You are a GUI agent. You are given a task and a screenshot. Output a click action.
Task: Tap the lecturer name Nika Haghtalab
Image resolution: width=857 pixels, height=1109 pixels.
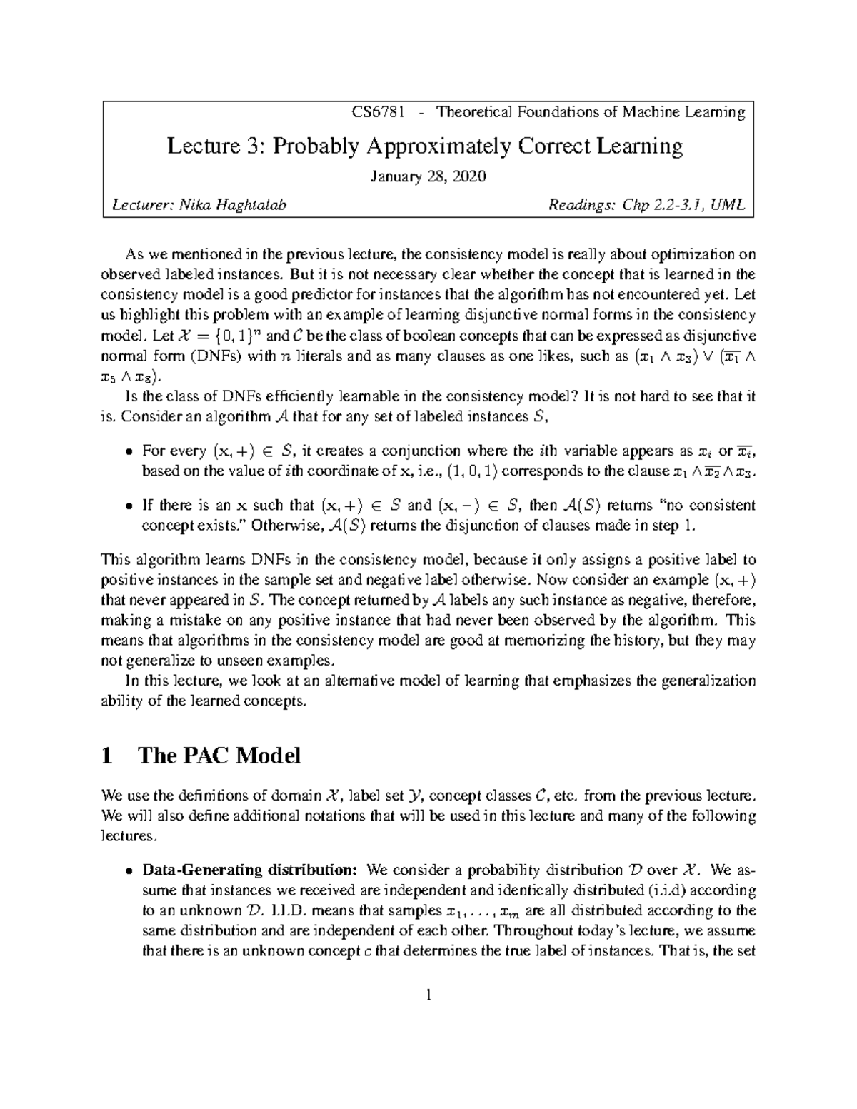[232, 206]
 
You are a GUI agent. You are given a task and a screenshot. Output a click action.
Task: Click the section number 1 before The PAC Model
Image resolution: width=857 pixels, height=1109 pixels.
[108, 755]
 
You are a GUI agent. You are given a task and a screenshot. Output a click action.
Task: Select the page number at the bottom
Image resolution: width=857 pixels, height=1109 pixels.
[428, 994]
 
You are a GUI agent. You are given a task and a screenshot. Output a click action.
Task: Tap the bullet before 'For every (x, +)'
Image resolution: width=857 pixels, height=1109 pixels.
[129, 451]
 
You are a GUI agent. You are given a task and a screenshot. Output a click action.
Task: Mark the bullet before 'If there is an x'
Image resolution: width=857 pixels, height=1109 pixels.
[129, 506]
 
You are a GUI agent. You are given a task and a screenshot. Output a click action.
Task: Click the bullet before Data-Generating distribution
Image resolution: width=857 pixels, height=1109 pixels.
[129, 871]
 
